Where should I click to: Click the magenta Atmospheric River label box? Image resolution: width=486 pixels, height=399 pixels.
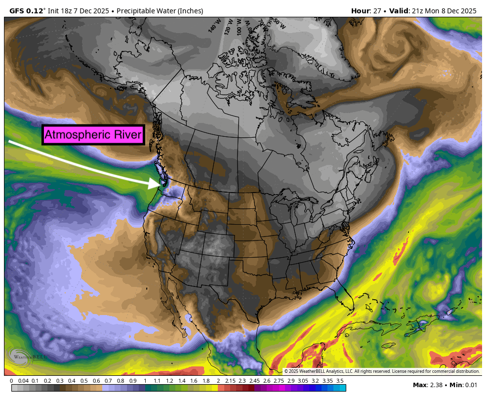click(93, 134)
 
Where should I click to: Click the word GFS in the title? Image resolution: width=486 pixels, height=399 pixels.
click(18, 11)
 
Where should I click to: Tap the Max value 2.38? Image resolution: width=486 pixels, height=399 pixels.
click(435, 385)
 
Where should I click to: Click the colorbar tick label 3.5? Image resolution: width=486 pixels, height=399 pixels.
click(340, 381)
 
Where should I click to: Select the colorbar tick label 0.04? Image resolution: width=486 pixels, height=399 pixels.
click(23, 381)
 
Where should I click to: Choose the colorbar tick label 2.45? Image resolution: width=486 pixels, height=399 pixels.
click(254, 381)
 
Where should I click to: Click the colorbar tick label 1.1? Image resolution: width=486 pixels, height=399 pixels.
click(157, 381)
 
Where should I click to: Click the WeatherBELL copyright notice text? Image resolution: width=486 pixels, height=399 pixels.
click(382, 371)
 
